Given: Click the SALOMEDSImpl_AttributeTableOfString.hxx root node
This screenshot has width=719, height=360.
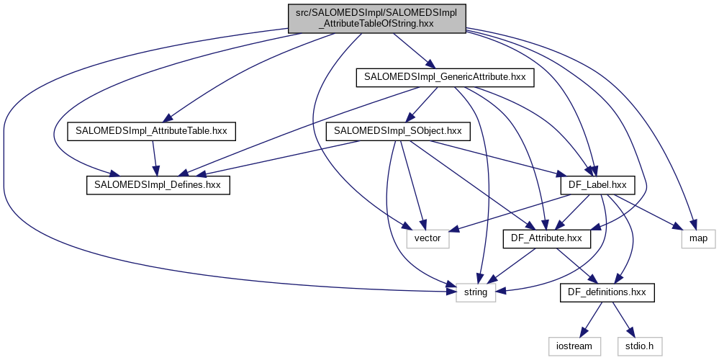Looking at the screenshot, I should point(378,17).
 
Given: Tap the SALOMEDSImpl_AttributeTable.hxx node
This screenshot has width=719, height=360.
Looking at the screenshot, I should point(151,131).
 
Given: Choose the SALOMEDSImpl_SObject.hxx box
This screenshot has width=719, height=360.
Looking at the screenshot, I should point(399,131).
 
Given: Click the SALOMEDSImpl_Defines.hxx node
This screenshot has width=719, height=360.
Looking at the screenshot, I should point(158,185).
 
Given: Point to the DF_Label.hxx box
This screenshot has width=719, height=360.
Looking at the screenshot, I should point(597,185).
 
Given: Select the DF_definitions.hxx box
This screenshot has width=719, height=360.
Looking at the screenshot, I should point(607,292).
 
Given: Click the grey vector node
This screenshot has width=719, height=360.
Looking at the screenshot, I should point(428,238).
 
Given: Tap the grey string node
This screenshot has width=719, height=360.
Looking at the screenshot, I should point(476,292).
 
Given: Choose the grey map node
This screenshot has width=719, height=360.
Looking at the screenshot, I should point(698,238).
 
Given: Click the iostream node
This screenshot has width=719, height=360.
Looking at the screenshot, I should point(574,346).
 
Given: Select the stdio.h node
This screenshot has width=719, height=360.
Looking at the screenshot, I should point(640,346).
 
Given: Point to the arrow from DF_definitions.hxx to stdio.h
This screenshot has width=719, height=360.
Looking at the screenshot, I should point(623,318).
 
